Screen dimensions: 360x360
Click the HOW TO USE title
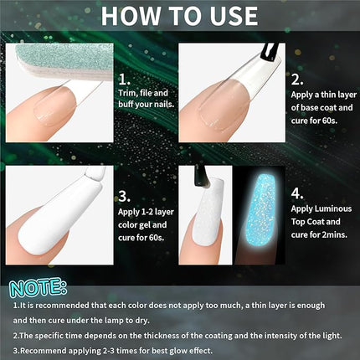pos(179,16)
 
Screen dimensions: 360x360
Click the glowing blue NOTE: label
pos(37,288)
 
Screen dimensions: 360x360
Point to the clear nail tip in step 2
pos(226,96)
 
